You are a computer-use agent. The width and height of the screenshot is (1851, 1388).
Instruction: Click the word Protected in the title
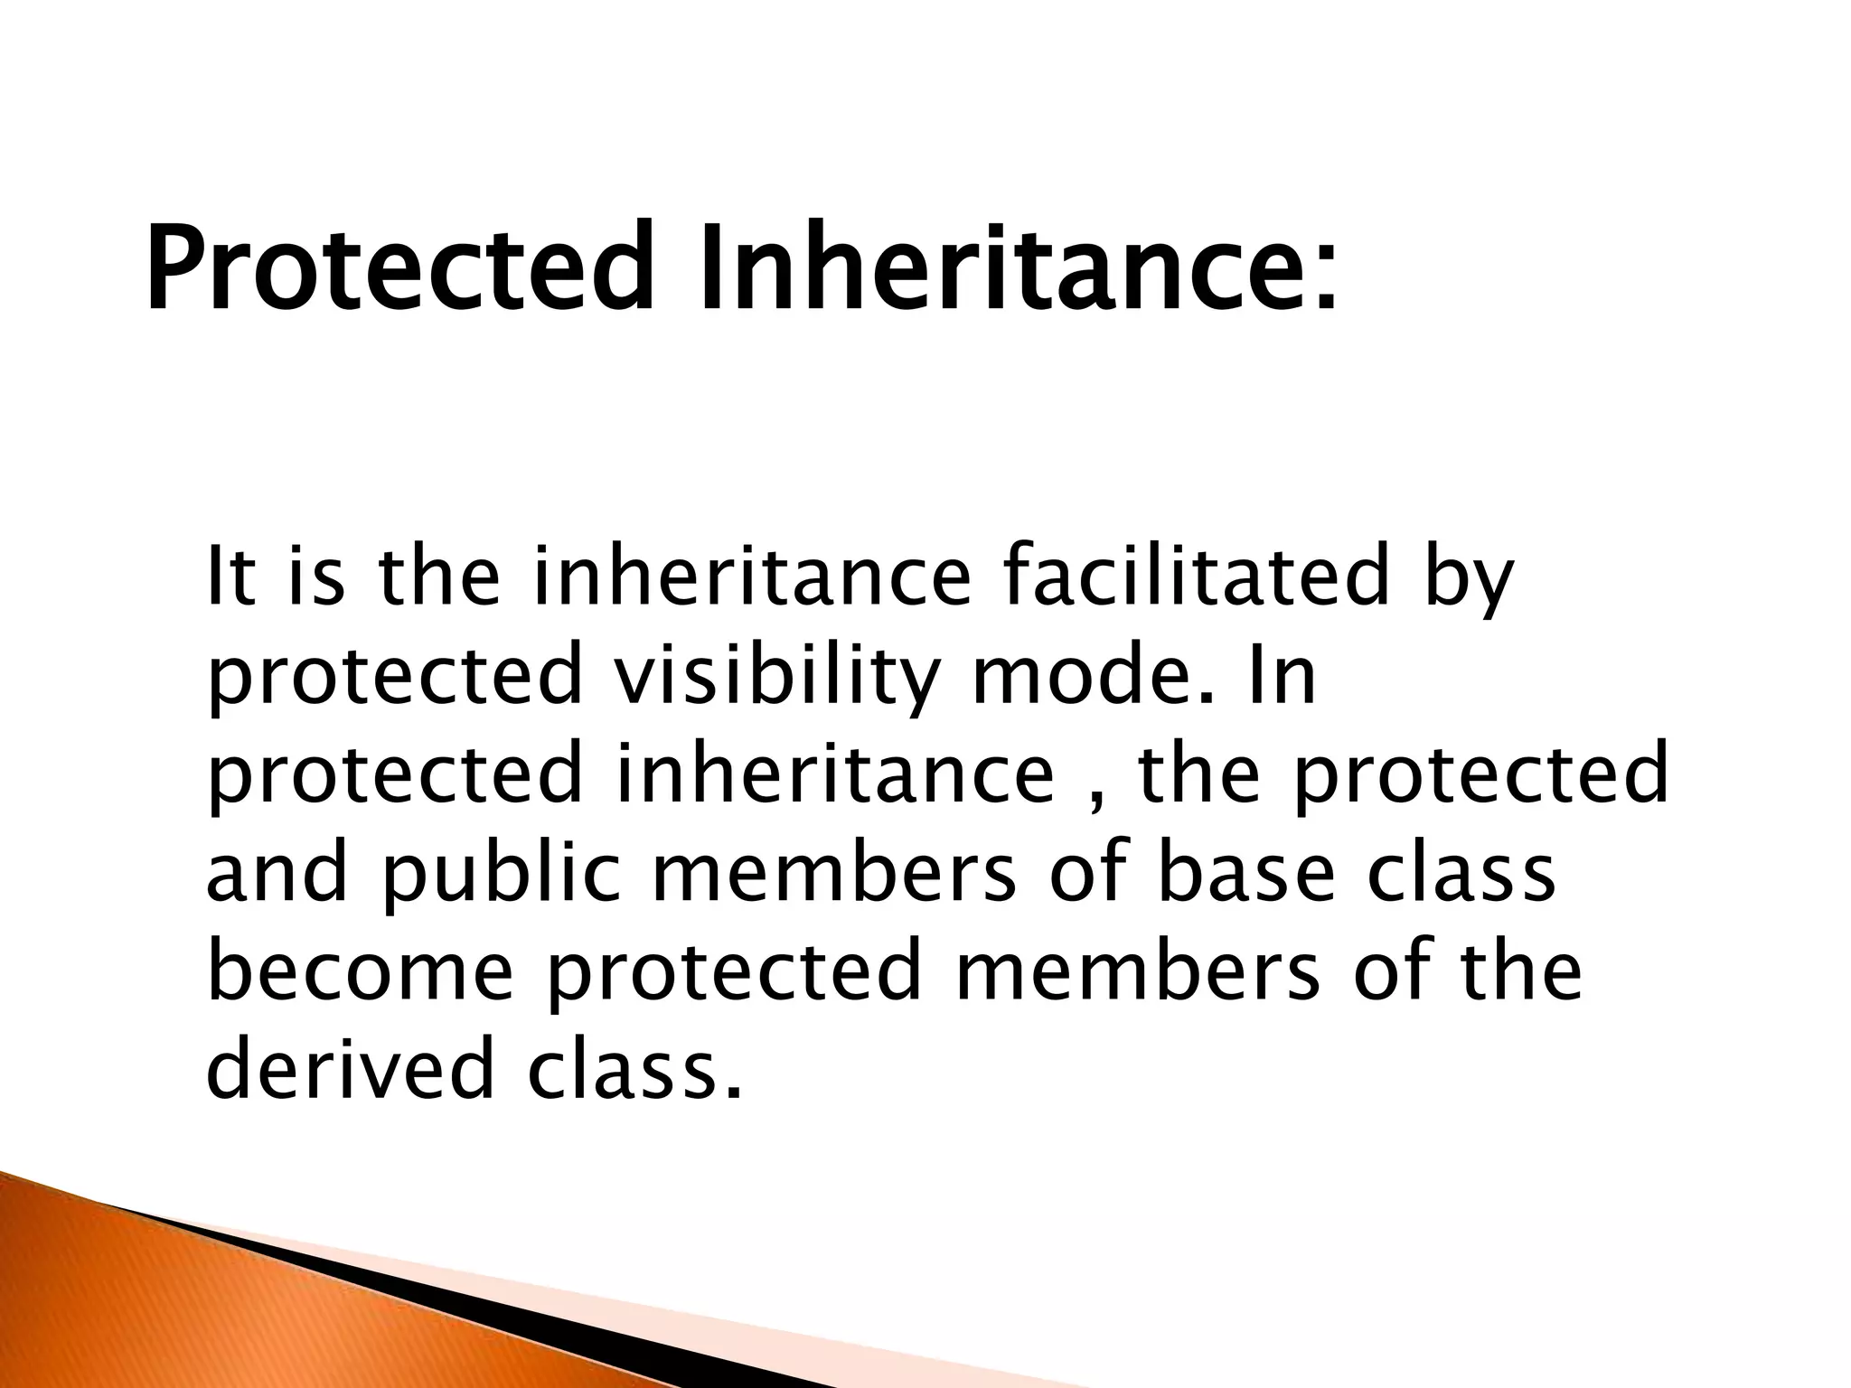398,268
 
